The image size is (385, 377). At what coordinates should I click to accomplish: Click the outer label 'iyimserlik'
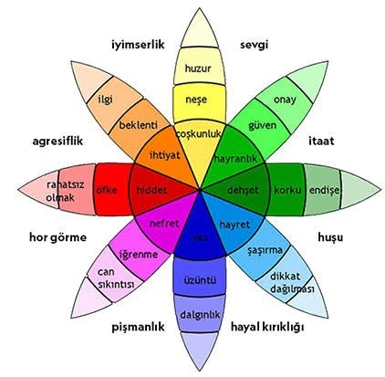click(x=138, y=45)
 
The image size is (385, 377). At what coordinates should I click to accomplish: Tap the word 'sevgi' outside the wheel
click(x=254, y=45)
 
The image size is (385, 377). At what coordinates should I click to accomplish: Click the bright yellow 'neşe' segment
click(x=198, y=99)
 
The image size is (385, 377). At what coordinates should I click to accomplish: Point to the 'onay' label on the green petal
click(x=285, y=99)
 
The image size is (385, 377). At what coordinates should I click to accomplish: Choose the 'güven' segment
click(x=263, y=125)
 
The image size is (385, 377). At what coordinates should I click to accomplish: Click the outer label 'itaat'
click(x=321, y=141)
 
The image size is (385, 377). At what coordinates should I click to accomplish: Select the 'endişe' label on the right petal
click(x=324, y=191)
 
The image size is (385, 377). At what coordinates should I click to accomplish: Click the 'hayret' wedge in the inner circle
click(x=234, y=225)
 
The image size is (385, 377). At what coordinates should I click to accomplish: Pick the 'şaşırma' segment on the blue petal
click(x=265, y=250)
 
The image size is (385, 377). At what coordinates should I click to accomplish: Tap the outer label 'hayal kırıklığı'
click(x=267, y=327)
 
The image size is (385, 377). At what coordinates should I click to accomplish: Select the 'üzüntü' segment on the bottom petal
click(x=200, y=279)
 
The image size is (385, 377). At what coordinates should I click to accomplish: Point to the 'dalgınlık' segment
click(x=200, y=315)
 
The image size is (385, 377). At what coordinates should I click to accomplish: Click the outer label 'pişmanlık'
click(x=138, y=327)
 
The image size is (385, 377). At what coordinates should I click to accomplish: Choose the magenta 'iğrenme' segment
click(x=139, y=254)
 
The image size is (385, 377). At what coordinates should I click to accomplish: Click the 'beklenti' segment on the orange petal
click(x=139, y=125)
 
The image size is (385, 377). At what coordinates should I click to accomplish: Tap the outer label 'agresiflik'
click(x=57, y=141)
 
